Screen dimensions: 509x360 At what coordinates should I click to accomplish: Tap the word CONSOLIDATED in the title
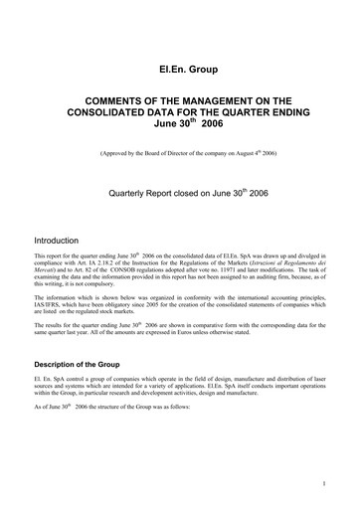click(124, 113)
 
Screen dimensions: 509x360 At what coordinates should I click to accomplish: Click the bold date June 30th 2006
click(179, 126)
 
